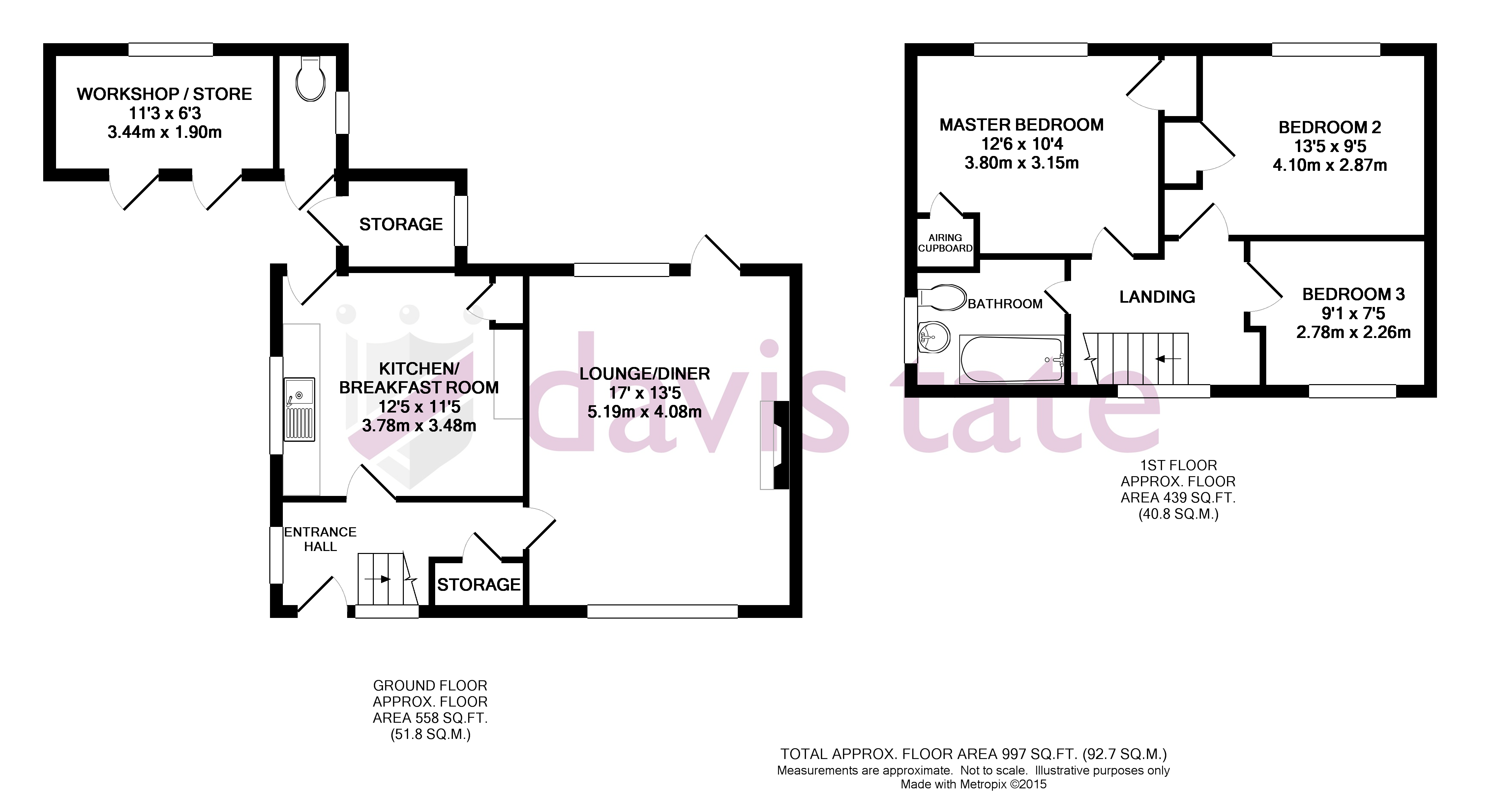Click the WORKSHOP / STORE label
click(x=165, y=94)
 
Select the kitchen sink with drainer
click(x=299, y=409)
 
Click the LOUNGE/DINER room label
click(x=644, y=374)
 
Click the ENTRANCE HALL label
click(x=320, y=539)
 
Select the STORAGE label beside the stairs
click(x=479, y=584)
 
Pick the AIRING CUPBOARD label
click(x=945, y=243)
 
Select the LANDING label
click(x=1157, y=297)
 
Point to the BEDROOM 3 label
click(x=1353, y=294)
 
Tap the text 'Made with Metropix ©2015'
click(x=973, y=784)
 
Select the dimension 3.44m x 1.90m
click(x=165, y=133)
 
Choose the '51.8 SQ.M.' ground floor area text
click(x=430, y=734)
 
